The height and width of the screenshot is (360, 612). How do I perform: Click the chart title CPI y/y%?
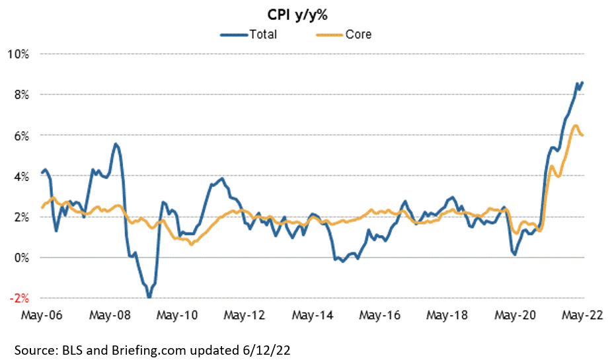tap(306, 15)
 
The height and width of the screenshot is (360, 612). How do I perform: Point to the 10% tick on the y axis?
tap(18, 54)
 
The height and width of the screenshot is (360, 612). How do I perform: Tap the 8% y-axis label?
tap(20, 94)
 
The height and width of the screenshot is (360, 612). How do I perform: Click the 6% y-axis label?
tap(20, 135)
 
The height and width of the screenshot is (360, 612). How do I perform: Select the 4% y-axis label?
tap(20, 176)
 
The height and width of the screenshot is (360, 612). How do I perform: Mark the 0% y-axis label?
tap(20, 257)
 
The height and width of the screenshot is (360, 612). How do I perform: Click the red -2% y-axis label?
tap(19, 298)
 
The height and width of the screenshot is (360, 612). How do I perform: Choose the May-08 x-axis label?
tap(108, 316)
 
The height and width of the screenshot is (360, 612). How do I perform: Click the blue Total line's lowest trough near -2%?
tap(149, 298)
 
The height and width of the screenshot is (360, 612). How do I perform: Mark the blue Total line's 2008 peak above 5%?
tap(116, 144)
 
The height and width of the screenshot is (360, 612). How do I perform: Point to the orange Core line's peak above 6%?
tap(575, 126)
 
